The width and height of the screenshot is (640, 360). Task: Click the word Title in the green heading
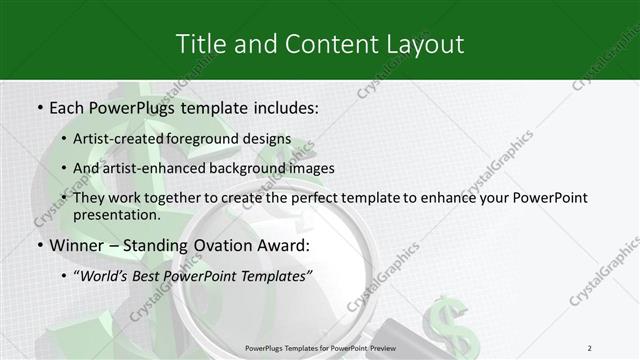click(x=200, y=44)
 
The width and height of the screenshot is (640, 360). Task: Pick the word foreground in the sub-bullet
click(x=220, y=138)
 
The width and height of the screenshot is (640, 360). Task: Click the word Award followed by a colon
click(x=281, y=245)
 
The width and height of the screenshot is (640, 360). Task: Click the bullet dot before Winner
click(x=38, y=246)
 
